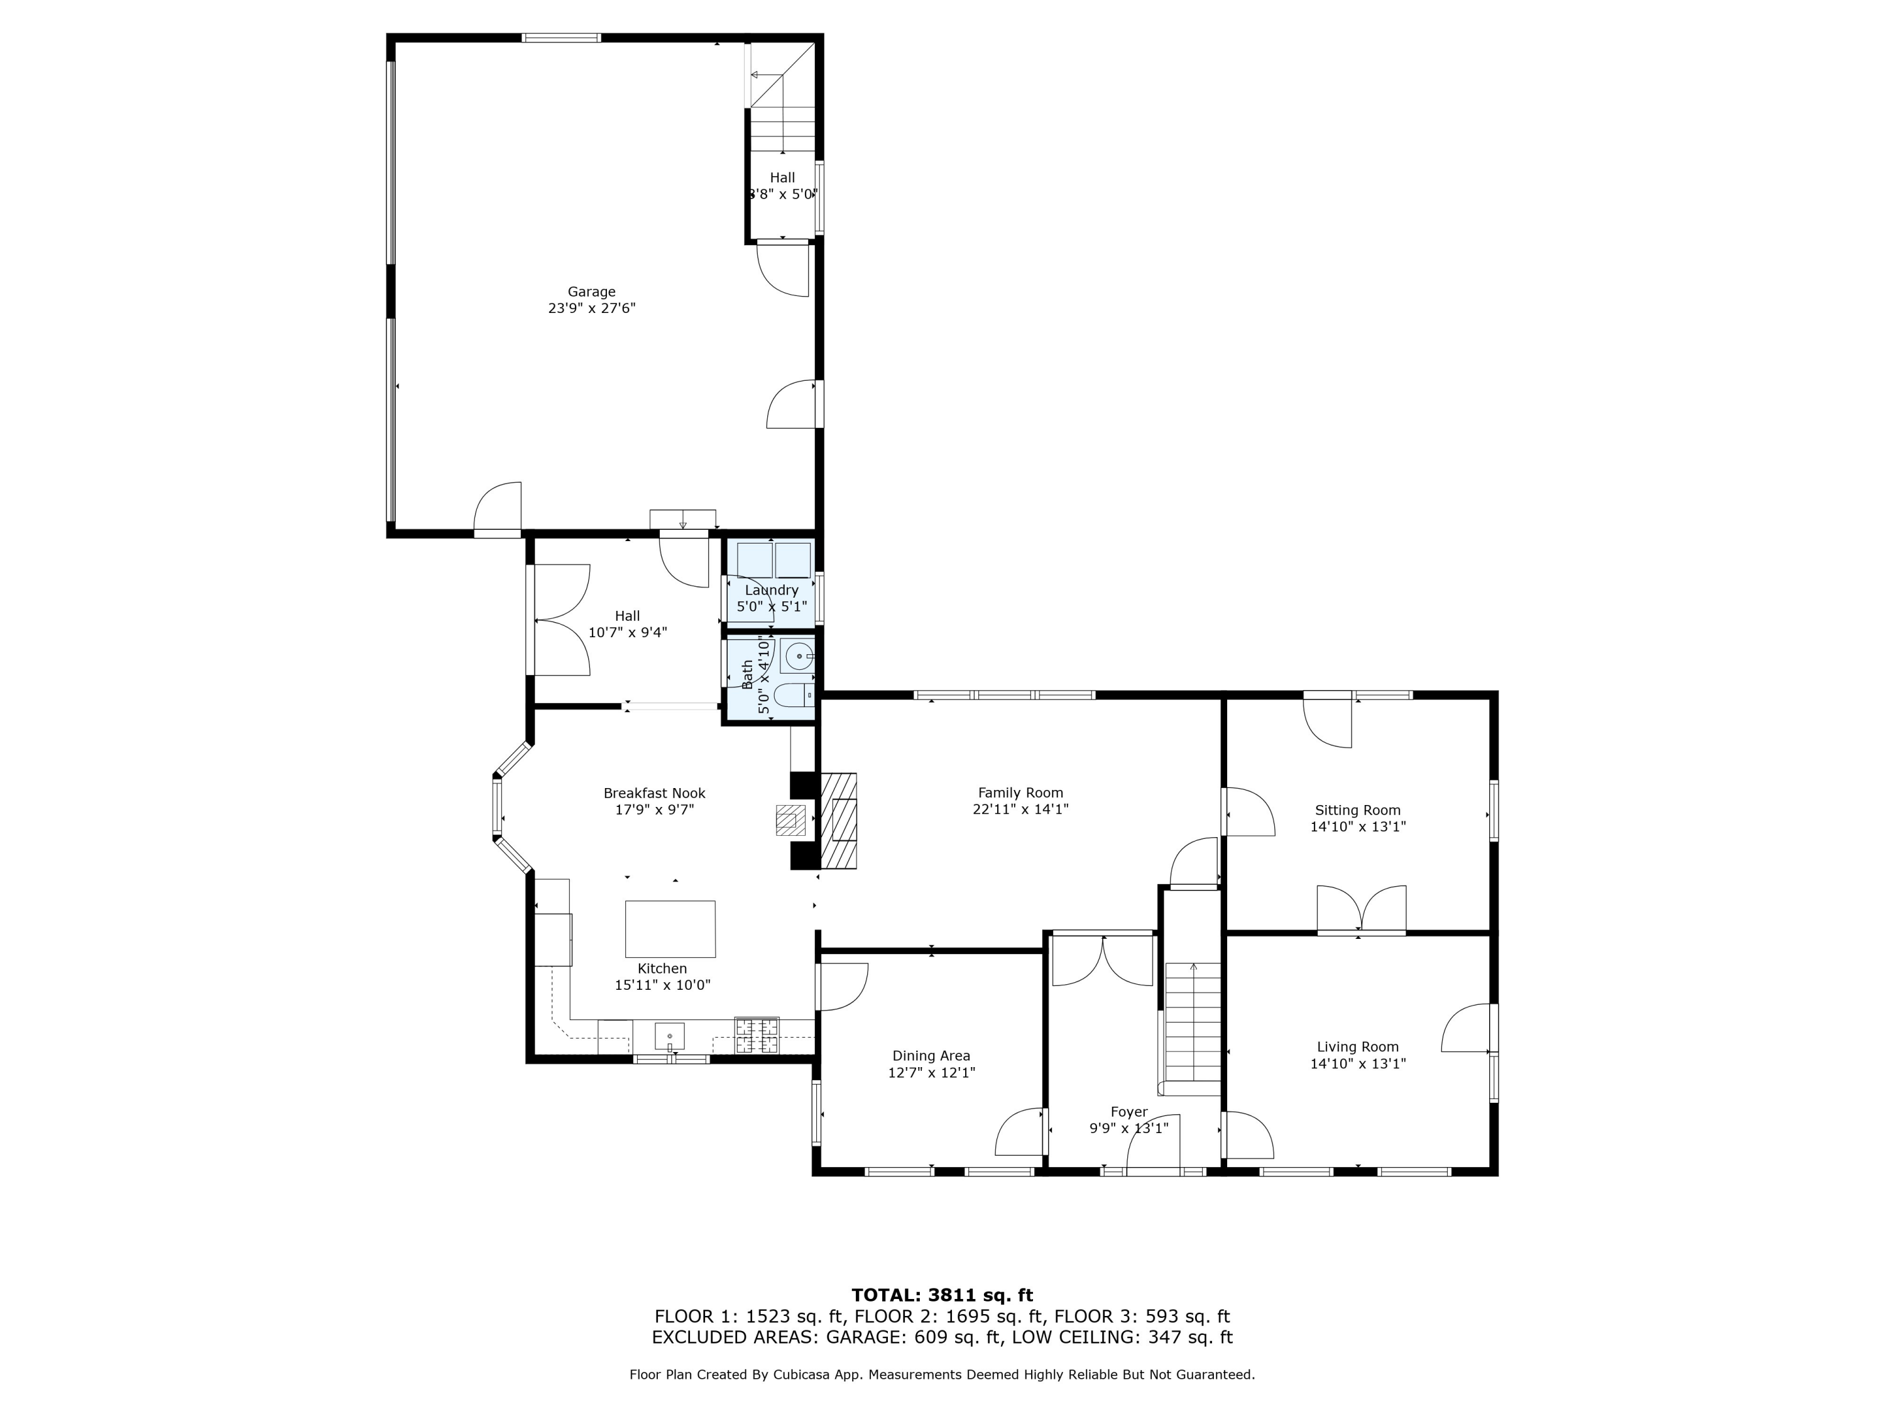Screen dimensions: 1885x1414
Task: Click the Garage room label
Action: click(x=591, y=292)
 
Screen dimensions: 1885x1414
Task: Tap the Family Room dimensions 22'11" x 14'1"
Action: click(x=1020, y=809)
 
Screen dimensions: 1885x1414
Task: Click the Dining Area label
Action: click(x=931, y=1056)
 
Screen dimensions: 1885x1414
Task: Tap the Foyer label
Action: click(x=1129, y=1112)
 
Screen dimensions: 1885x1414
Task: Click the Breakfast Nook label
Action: click(x=655, y=792)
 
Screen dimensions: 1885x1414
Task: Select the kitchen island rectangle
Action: click(x=670, y=929)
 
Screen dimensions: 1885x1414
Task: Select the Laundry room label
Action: click(x=771, y=590)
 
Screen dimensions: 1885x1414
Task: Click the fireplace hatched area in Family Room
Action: click(x=839, y=820)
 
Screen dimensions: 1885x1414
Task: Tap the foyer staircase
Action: click(x=1192, y=1029)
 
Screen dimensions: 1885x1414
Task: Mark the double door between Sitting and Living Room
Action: click(x=1361, y=910)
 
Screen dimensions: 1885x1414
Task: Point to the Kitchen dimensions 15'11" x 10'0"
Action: click(x=662, y=984)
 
